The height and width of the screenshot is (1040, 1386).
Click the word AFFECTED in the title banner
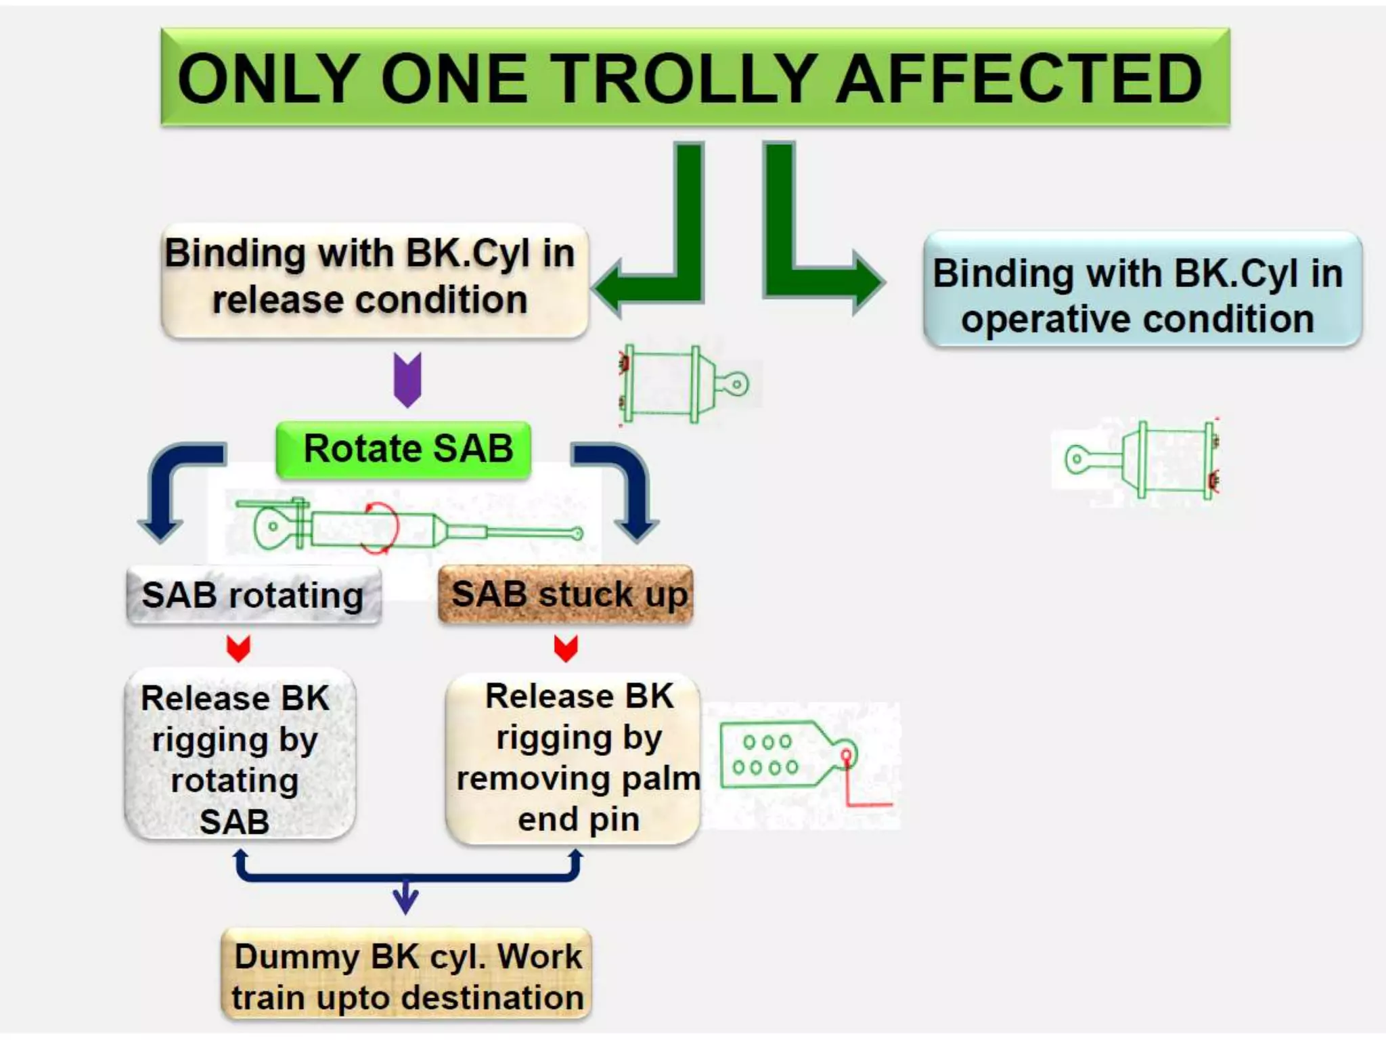click(1019, 79)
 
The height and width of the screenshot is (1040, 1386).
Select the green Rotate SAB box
click(404, 449)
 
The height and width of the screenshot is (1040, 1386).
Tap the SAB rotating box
click(254, 596)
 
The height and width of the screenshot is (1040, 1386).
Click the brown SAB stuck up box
click(567, 594)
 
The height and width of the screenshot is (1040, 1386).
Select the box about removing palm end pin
click(574, 758)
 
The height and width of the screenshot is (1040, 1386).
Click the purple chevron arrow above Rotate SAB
click(407, 379)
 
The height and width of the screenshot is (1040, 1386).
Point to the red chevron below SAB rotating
click(238, 649)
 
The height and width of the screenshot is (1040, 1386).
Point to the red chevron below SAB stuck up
click(566, 648)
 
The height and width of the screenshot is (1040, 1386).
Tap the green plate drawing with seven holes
click(785, 755)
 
